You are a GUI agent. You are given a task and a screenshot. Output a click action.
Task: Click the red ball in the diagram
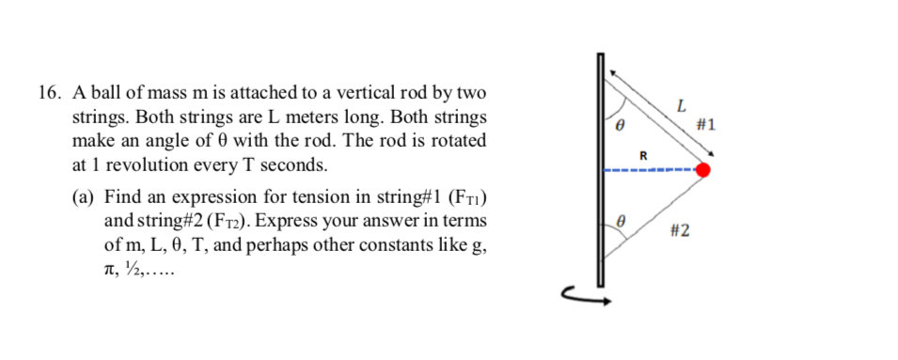(x=702, y=170)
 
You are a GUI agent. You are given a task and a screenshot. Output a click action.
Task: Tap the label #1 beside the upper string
(x=706, y=124)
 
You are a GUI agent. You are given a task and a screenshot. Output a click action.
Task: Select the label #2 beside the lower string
(x=680, y=230)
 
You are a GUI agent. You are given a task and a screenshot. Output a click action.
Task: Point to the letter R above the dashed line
(x=644, y=154)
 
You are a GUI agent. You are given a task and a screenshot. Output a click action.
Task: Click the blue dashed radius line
(x=649, y=170)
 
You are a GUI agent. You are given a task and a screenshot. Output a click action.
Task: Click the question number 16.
(x=50, y=94)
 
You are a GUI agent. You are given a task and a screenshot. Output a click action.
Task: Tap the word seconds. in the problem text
(x=295, y=165)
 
